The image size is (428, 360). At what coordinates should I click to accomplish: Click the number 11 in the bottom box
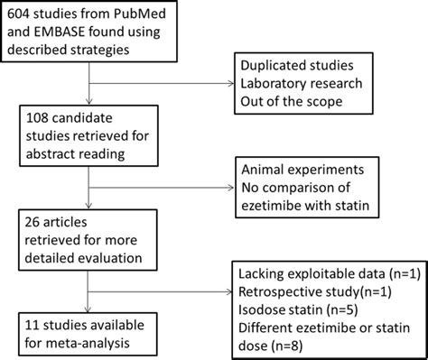pyautogui.click(x=37, y=322)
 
